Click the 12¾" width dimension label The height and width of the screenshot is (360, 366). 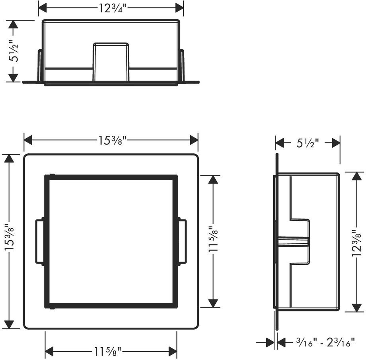click(112, 9)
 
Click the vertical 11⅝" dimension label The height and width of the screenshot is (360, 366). click(213, 239)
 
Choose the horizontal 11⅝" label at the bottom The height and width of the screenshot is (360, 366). click(107, 351)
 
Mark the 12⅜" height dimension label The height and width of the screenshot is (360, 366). click(356, 243)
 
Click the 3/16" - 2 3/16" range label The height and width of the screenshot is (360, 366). click(325, 342)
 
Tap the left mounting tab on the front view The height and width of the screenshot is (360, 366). click(40, 242)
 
